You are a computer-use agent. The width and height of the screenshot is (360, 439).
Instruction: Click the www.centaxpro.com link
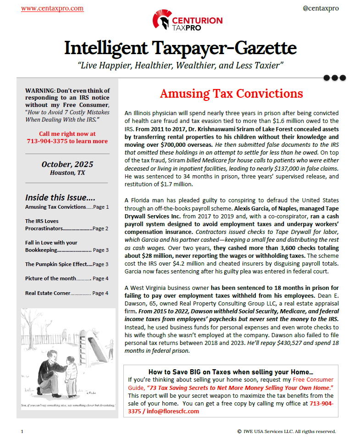tap(52, 8)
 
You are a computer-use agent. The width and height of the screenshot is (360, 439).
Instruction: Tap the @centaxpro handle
tap(321, 8)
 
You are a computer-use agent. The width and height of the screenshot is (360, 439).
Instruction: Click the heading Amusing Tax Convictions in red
tap(231, 94)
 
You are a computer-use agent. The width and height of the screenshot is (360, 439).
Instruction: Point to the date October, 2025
tap(67, 164)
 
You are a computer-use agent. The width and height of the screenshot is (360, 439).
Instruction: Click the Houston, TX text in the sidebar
tap(67, 173)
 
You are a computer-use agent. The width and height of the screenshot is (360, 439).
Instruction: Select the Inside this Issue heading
tap(60, 197)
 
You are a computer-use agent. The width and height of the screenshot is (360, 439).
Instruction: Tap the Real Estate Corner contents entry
tap(48, 293)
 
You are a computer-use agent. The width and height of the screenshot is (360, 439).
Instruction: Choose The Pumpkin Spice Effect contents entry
tap(53, 264)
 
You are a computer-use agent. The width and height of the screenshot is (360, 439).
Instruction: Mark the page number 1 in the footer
tap(22, 431)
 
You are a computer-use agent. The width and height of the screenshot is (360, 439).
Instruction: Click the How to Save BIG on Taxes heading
tap(231, 372)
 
